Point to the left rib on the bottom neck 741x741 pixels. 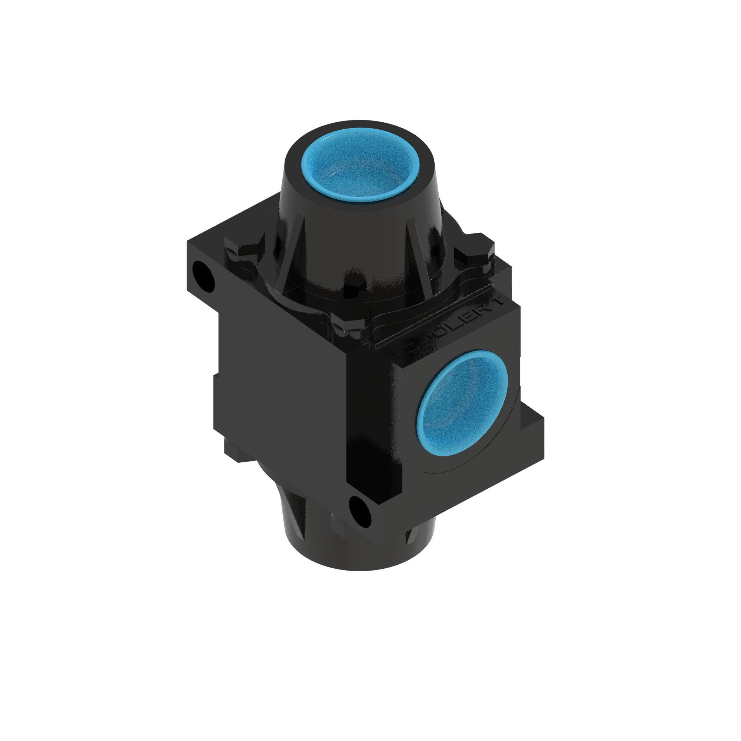[x=299, y=510]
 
